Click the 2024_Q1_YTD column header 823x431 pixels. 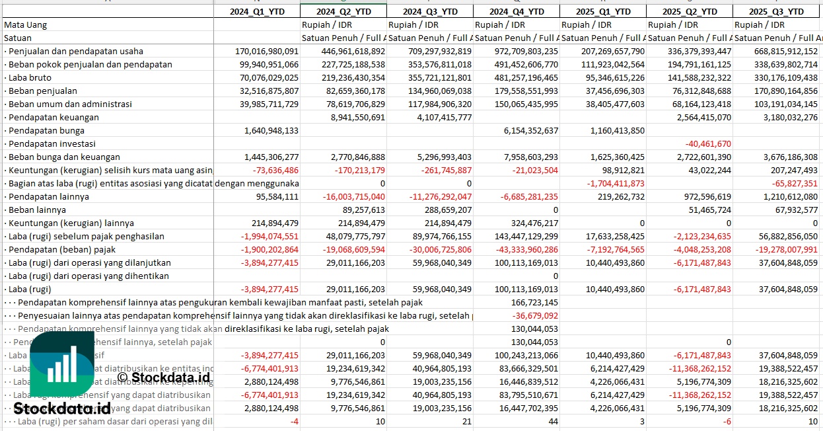(256, 11)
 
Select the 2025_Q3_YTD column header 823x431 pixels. (777, 11)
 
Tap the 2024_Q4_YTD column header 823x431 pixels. (517, 11)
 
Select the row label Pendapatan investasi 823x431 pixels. (50, 143)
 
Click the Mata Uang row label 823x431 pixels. (26, 24)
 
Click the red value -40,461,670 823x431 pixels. (708, 143)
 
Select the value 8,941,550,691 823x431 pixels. (357, 117)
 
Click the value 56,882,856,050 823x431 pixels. (777, 236)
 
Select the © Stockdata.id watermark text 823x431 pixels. (163, 377)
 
